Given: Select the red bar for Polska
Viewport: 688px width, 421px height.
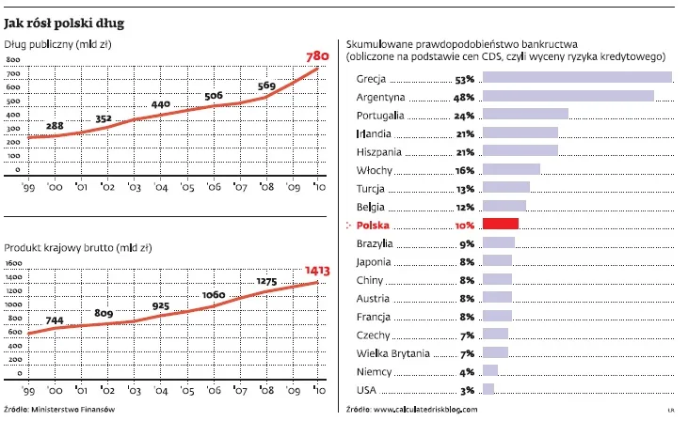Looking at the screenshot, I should point(500,224).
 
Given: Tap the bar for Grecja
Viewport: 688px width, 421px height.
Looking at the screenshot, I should point(576,78).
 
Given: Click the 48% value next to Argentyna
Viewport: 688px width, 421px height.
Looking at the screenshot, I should point(463,97).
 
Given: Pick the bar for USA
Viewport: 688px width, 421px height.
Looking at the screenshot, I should point(488,388).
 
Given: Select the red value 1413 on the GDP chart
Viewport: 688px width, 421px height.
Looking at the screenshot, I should point(316,270).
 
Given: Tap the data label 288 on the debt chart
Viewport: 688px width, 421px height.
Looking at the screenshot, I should point(55,126).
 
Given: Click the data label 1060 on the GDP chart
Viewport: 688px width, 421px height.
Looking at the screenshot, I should point(213,294).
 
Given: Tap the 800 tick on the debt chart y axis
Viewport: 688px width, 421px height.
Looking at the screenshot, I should point(14,58).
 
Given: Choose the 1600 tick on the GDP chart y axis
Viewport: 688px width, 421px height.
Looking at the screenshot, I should point(13,264).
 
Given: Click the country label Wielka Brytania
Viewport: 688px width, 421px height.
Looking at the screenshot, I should point(392,352).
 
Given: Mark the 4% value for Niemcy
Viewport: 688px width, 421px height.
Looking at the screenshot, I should point(466,370).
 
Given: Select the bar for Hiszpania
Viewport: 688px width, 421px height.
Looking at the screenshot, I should point(520,150).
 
